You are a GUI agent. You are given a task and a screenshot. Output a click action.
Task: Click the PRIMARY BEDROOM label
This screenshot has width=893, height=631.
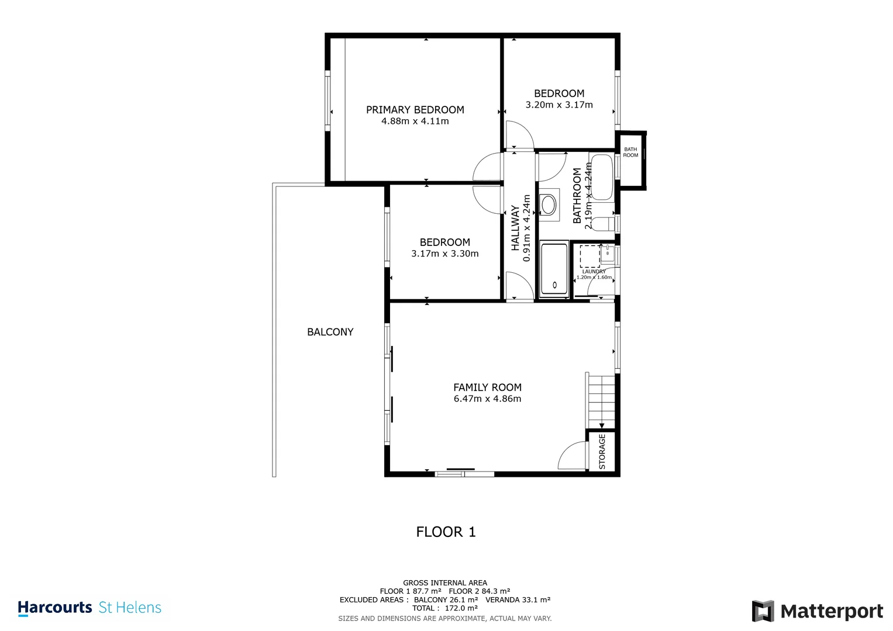(x=415, y=110)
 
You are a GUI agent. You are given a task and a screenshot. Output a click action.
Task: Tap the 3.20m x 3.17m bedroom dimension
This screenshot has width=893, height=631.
(x=559, y=105)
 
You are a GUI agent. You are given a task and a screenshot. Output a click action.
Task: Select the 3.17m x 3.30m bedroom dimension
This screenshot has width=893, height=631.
(x=445, y=254)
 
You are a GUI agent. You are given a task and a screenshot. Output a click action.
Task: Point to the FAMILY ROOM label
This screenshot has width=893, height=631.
(x=487, y=387)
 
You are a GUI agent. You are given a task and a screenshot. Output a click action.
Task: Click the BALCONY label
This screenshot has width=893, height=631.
(x=330, y=332)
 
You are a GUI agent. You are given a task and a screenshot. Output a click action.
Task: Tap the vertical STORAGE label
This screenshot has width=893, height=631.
(x=602, y=452)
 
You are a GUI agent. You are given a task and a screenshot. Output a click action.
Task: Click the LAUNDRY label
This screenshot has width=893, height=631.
(x=594, y=272)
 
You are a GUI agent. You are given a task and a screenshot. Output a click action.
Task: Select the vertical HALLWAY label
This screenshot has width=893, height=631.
(x=515, y=228)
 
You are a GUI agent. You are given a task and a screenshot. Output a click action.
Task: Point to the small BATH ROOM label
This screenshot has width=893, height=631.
(x=630, y=152)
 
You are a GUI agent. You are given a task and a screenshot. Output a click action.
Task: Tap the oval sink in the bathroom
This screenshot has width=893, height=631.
(x=548, y=204)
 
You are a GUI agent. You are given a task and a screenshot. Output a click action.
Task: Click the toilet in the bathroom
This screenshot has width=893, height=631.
(x=603, y=224)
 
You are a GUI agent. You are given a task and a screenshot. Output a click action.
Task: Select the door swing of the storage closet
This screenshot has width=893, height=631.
(x=572, y=455)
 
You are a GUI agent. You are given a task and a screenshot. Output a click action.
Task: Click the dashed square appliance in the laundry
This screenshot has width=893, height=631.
(x=590, y=256)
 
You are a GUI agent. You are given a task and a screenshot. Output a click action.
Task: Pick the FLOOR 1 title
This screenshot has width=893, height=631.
(x=446, y=532)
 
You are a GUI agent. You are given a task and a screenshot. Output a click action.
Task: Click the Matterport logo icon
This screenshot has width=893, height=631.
(x=763, y=611)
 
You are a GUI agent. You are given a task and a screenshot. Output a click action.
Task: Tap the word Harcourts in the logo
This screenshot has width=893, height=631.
(x=55, y=608)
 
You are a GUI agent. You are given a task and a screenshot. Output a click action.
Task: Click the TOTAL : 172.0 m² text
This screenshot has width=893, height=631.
(x=445, y=608)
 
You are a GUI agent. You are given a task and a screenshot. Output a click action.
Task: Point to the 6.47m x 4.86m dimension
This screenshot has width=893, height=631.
(x=487, y=398)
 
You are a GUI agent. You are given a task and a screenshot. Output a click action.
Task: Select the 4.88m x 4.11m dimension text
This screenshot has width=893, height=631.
(x=415, y=121)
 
